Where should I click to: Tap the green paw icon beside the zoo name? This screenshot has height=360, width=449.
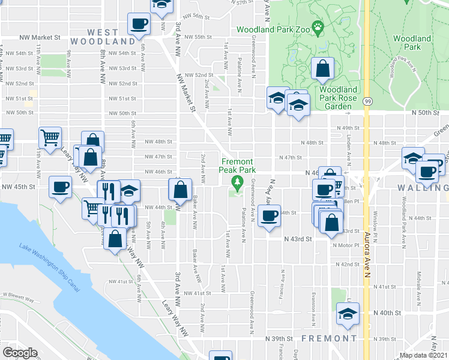point(317,27)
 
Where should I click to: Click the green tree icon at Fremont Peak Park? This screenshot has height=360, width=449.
point(238,182)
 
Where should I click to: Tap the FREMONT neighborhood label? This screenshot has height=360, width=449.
point(330,338)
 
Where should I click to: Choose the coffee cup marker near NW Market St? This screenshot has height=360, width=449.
point(139,25)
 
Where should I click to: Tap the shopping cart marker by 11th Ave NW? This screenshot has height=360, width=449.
point(50,137)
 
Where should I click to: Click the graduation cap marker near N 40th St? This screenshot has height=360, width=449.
point(348,314)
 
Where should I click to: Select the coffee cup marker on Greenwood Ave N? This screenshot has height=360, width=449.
point(270,215)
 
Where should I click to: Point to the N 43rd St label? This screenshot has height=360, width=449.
point(298,238)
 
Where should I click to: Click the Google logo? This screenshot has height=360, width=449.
point(20,353)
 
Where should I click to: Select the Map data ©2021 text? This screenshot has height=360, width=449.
point(423,355)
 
